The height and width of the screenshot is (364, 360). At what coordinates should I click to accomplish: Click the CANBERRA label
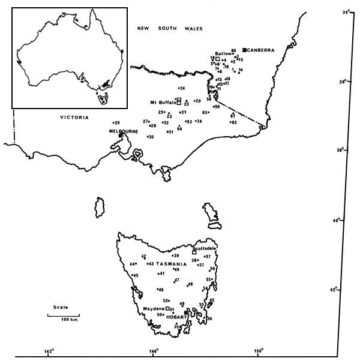262,50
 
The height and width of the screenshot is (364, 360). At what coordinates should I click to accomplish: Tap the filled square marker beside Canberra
245,50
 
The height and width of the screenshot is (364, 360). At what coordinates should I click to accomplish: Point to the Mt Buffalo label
162,103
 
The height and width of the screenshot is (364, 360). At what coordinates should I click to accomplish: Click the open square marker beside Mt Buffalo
179,103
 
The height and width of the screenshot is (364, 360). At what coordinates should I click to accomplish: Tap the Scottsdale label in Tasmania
205,247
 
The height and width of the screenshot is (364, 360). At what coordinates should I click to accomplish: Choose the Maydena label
155,309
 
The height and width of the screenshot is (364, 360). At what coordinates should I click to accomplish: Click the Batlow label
223,53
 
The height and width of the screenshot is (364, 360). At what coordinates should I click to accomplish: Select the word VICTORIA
74,118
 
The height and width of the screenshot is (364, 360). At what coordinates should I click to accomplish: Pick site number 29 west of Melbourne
117,122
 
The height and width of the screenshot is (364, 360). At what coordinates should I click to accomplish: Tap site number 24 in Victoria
181,88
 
